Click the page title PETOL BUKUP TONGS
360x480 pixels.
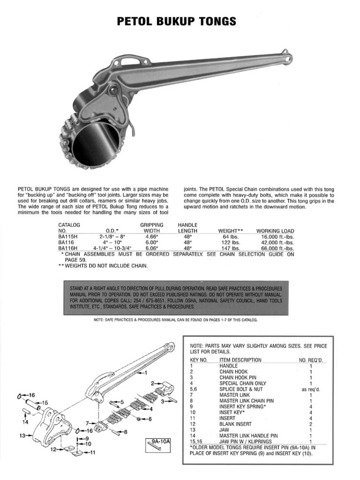click(176, 22)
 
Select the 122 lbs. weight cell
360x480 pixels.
click(230, 243)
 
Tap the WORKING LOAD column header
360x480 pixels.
click(275, 231)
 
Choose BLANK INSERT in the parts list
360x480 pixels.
click(235, 424)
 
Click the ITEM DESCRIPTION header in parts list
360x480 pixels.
click(240, 360)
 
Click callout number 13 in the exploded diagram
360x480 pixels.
click(22, 435)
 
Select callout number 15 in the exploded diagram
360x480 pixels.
click(45, 403)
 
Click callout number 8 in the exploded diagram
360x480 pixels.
click(125, 432)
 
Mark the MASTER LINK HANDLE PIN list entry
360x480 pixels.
click(248, 435)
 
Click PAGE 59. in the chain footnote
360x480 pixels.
click(75, 259)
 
